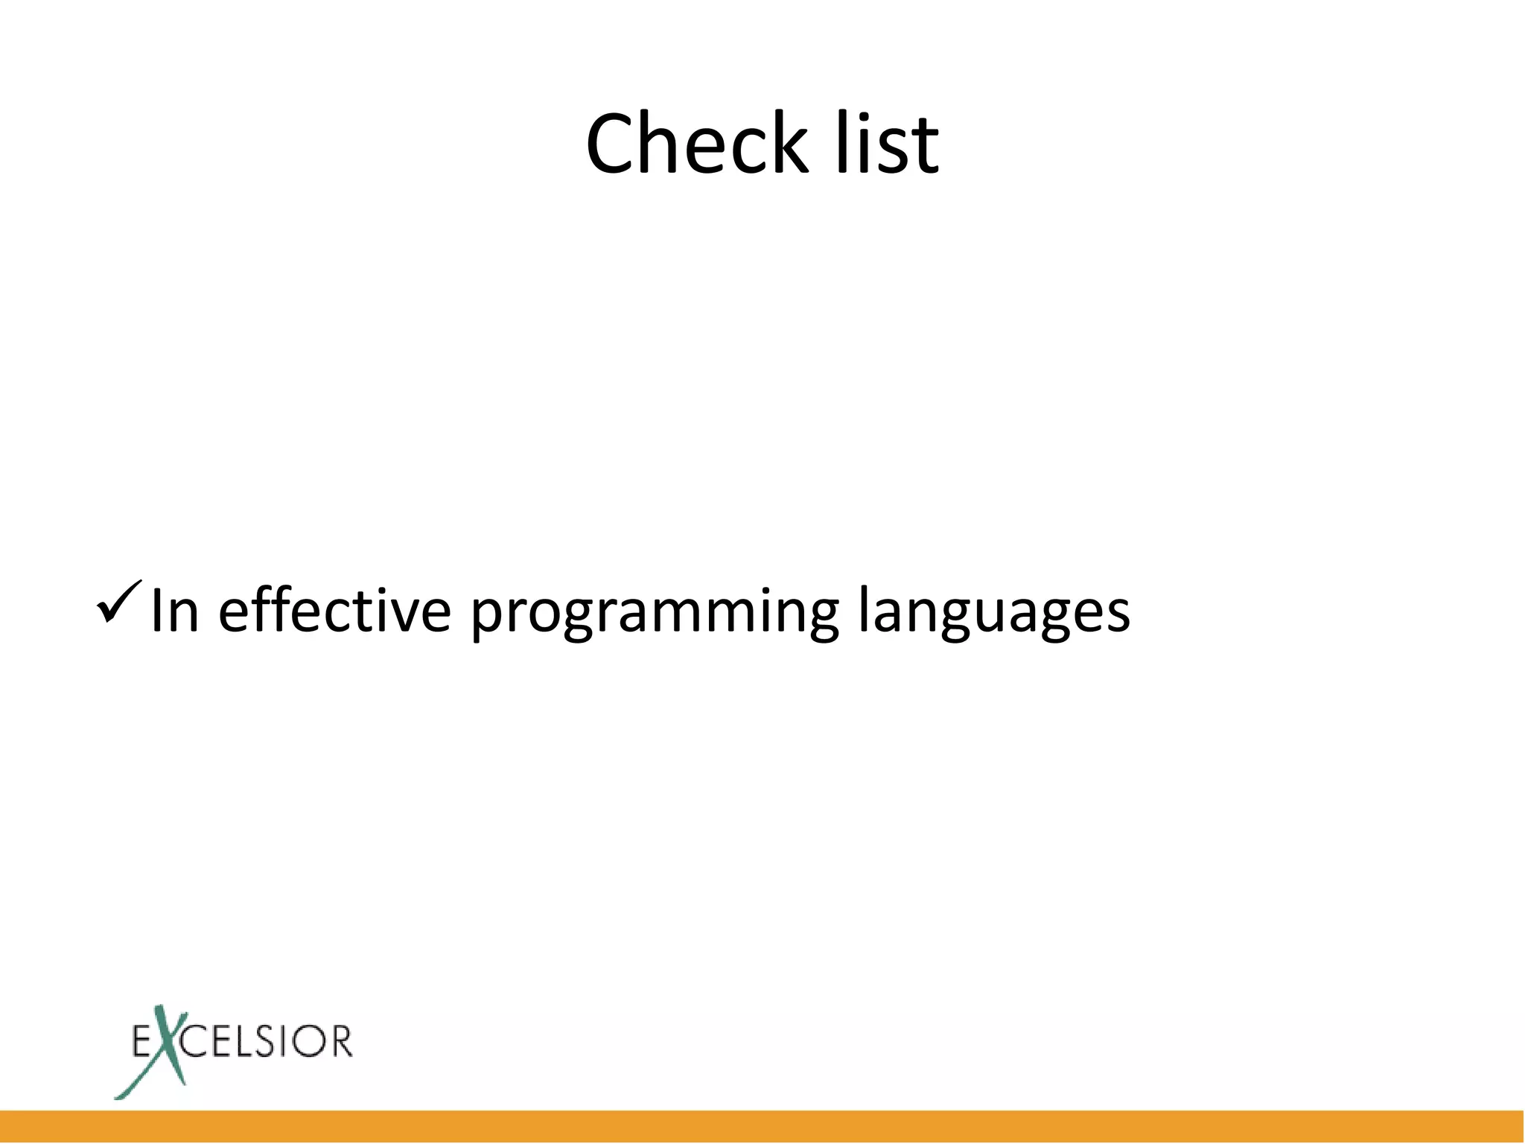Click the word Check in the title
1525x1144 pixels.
click(696, 143)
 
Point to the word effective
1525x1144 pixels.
click(334, 611)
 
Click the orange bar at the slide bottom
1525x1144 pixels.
click(762, 1126)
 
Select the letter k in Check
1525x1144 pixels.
click(787, 142)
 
